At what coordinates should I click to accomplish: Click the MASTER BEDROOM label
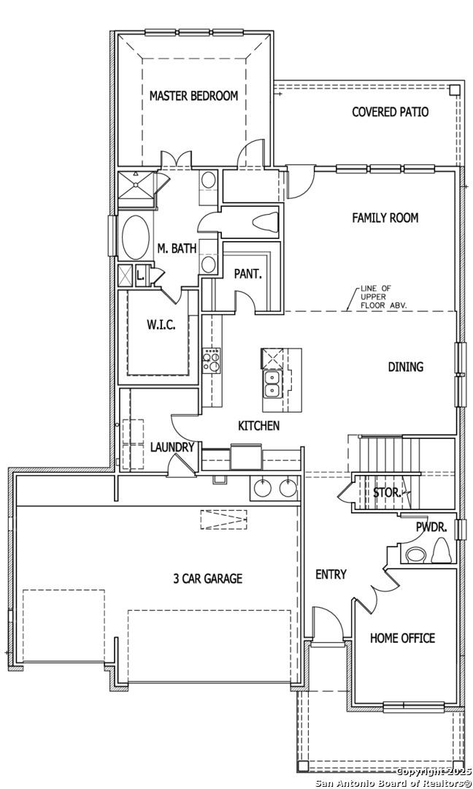[x=193, y=96]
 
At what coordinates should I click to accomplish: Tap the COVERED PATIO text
[x=390, y=112]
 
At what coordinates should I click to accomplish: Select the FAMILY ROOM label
[x=385, y=218]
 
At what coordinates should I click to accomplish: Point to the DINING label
[x=405, y=367]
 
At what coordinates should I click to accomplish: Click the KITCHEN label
[x=258, y=425]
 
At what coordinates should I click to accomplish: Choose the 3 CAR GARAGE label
[x=207, y=579]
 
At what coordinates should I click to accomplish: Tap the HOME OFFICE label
[x=402, y=638]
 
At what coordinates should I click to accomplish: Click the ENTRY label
[x=331, y=575]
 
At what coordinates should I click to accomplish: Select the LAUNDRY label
[x=172, y=447]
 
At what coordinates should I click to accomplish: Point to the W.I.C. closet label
[x=161, y=325]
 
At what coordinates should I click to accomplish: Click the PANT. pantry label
[x=247, y=274]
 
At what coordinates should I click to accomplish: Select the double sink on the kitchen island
[x=273, y=384]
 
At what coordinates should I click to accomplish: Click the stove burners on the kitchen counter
[x=211, y=359]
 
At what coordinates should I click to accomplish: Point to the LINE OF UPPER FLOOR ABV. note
[x=383, y=297]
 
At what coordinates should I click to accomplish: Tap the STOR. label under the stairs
[x=386, y=492]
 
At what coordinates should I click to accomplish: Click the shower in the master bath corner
[x=136, y=183]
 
